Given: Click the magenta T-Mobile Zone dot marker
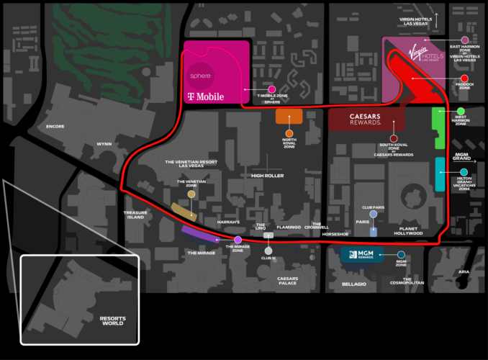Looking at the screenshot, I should [x=272, y=89].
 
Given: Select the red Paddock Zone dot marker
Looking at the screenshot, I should [x=465, y=78].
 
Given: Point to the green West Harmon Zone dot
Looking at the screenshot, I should [x=461, y=112].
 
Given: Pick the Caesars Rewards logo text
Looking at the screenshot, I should [x=366, y=119].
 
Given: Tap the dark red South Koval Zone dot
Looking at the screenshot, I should [x=394, y=138].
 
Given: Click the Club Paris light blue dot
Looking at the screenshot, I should [x=374, y=214].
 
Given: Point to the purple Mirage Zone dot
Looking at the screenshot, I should [x=238, y=240].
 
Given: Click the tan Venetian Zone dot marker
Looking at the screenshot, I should [x=191, y=194].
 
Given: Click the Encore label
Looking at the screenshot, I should [x=55, y=126].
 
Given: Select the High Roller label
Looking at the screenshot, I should [x=267, y=176].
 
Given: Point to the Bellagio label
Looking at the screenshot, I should [x=354, y=284].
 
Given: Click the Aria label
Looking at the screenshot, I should [x=464, y=271].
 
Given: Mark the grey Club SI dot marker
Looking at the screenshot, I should [x=268, y=251].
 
